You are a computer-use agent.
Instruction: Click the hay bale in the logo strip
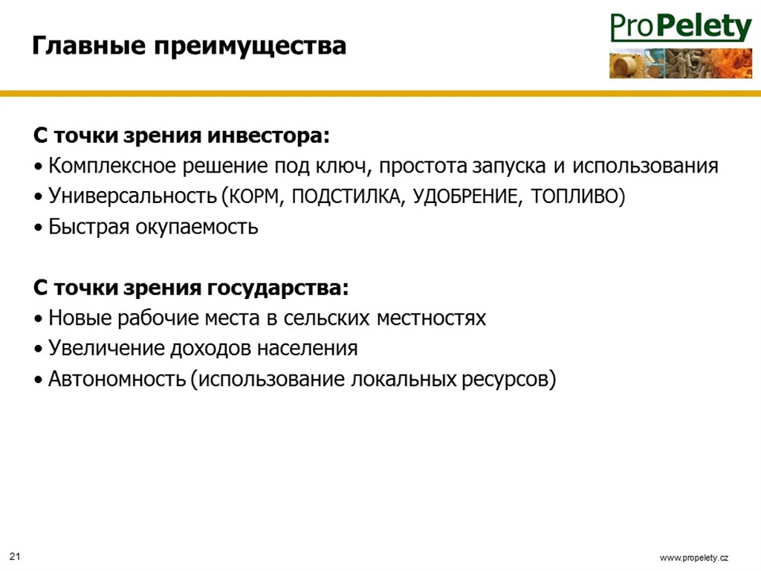(x=625, y=65)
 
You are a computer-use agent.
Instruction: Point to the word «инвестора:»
(x=268, y=135)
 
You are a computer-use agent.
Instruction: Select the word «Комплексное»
(x=113, y=166)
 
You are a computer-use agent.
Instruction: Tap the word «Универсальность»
(x=132, y=196)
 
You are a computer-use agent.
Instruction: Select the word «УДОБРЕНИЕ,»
(x=468, y=196)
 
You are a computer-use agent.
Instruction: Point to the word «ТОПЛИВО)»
(x=578, y=196)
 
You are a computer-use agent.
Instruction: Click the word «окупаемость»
(x=196, y=228)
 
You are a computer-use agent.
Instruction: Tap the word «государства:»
(x=278, y=288)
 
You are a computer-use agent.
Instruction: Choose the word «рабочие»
(x=158, y=318)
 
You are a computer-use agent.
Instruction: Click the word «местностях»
(x=431, y=318)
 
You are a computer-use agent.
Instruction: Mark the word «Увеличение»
(x=107, y=348)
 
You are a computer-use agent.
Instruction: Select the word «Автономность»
(x=117, y=378)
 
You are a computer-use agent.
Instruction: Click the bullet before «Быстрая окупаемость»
(x=39, y=228)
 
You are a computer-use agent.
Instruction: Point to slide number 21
(x=15, y=556)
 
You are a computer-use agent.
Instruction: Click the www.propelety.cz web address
(x=694, y=558)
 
